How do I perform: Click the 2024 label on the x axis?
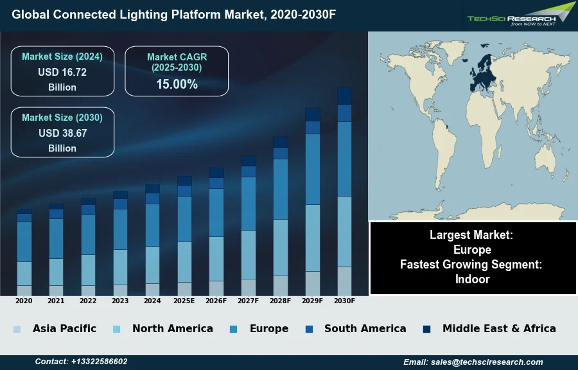[x=152, y=301]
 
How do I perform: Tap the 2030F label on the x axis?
[x=344, y=301]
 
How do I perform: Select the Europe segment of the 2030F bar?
[x=344, y=159]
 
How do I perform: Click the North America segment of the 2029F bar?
[x=313, y=238]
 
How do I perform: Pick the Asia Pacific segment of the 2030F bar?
[x=344, y=281]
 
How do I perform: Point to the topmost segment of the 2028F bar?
[x=281, y=142]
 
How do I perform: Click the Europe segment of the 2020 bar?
[x=24, y=242]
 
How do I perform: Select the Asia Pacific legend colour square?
[x=17, y=330]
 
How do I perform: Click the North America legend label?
[x=172, y=329]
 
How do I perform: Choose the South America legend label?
[x=365, y=329]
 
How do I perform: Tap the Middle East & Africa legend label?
[x=499, y=329]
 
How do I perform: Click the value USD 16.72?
[x=62, y=73]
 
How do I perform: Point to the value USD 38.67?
[x=62, y=134]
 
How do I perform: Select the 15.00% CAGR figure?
[x=177, y=84]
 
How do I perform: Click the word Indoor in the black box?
[x=473, y=279]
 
